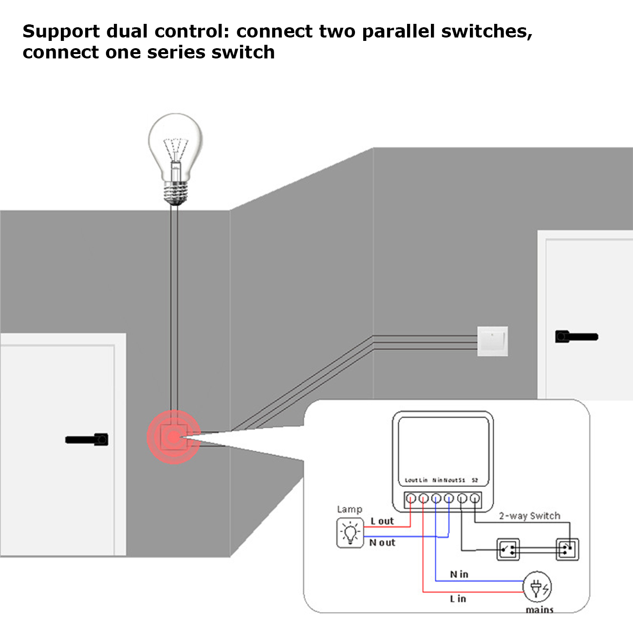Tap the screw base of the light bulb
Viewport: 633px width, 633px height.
pyautogui.click(x=176, y=193)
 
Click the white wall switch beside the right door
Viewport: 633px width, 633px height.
pyautogui.click(x=492, y=341)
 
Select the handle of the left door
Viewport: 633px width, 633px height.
pyautogui.click(x=88, y=439)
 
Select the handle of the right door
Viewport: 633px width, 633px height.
pyautogui.click(x=576, y=336)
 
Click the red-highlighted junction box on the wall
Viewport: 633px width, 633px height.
pyautogui.click(x=174, y=437)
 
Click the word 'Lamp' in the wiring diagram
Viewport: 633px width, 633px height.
pyautogui.click(x=350, y=509)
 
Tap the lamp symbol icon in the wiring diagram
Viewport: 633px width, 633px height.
pyautogui.click(x=350, y=533)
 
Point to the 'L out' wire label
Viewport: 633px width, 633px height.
pyautogui.click(x=382, y=521)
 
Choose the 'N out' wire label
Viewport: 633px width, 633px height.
pyautogui.click(x=382, y=542)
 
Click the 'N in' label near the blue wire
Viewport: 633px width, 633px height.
pyautogui.click(x=459, y=575)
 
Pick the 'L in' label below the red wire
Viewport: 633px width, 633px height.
pyautogui.click(x=458, y=599)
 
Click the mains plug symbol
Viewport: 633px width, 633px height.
pyautogui.click(x=538, y=588)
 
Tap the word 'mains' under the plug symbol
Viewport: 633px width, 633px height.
pyautogui.click(x=540, y=610)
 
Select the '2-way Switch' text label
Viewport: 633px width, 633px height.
pyautogui.click(x=529, y=516)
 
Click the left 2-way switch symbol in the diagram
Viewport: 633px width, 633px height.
pyautogui.click(x=508, y=550)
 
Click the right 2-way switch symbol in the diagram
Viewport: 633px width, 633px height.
pyautogui.click(x=567, y=550)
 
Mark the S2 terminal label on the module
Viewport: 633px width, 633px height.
pyautogui.click(x=475, y=480)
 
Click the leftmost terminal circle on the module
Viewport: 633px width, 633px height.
pyautogui.click(x=411, y=499)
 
